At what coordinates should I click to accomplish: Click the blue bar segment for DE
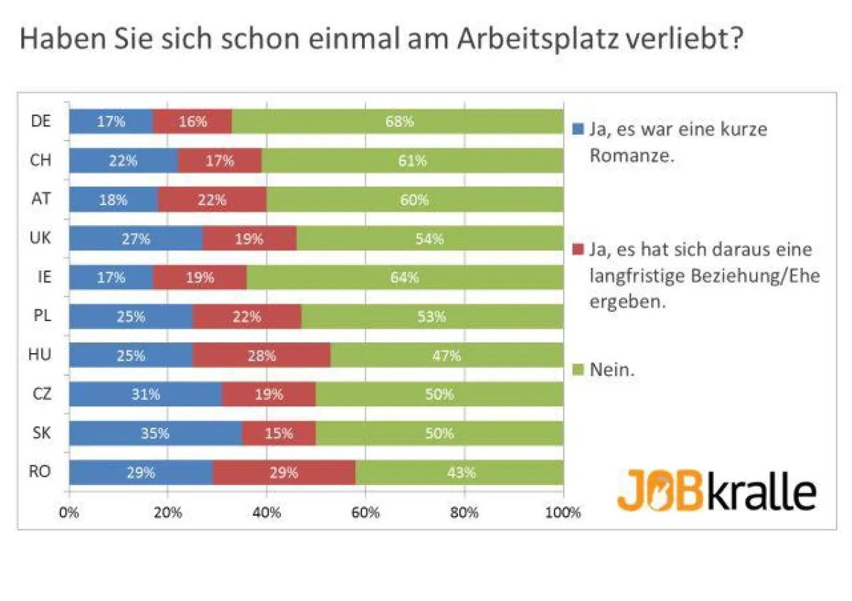coord(111,121)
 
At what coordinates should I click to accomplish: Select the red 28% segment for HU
coord(261,356)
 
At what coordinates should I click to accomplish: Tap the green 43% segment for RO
coord(459,472)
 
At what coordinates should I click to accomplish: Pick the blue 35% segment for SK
coord(155,433)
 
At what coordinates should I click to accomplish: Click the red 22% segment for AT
coord(212,200)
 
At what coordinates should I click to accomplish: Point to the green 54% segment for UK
coord(430,239)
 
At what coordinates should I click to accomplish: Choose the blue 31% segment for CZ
coord(145,394)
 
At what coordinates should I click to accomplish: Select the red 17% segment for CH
coord(219,161)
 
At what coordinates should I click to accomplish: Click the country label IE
coord(43,277)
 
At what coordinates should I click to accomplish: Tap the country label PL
coord(43,316)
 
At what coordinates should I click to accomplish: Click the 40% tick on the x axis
coord(266,512)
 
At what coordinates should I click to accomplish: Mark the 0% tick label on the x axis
coord(69,512)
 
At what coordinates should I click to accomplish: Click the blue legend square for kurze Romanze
coord(577,130)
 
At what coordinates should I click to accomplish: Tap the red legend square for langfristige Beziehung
coord(577,250)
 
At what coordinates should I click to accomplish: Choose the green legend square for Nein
coord(577,369)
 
